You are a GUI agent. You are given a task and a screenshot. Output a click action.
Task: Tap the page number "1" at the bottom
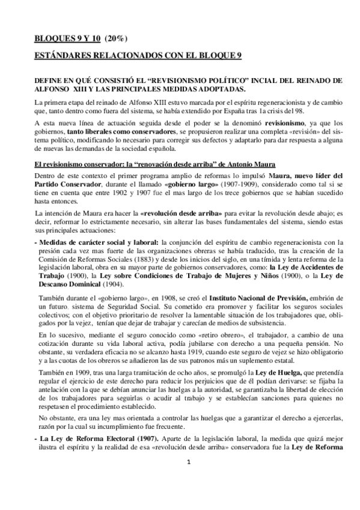click(x=188, y=479)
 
